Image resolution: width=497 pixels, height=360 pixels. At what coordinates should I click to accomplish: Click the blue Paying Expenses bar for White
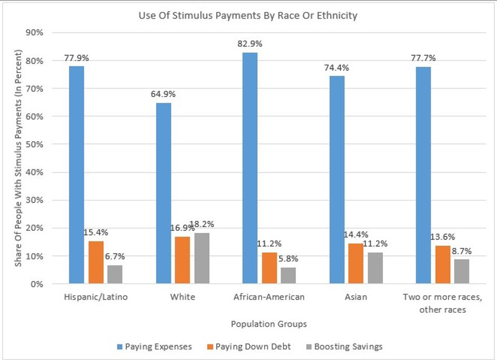[163, 193]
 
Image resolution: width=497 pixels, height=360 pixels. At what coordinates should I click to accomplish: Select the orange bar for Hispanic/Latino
[96, 262]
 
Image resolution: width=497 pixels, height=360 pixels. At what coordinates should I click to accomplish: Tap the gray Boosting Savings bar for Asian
[375, 268]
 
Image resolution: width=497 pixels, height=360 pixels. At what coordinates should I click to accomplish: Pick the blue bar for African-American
[250, 168]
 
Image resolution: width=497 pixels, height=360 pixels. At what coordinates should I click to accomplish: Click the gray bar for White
[202, 258]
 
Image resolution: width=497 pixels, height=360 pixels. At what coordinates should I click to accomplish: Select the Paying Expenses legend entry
[154, 346]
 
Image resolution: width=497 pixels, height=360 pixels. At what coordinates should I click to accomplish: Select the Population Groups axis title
[269, 324]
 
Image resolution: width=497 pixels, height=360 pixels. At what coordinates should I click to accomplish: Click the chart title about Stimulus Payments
[248, 16]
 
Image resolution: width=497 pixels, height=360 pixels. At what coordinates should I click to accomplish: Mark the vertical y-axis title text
[18, 159]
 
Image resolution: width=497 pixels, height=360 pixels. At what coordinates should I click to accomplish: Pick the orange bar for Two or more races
[442, 264]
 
